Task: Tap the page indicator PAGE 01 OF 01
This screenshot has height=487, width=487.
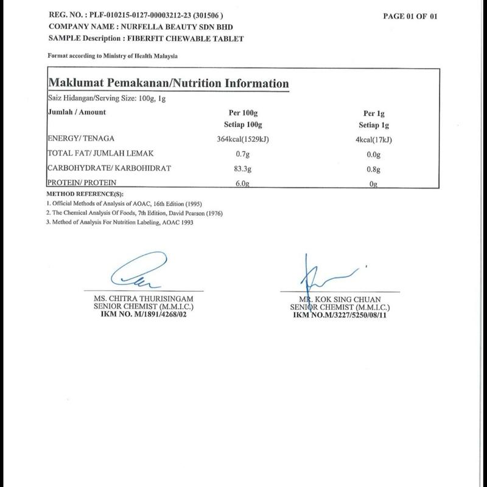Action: tap(410, 16)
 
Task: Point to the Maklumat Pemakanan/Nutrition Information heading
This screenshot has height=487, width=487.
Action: tap(168, 83)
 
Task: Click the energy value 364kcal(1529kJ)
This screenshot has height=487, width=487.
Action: tap(239, 139)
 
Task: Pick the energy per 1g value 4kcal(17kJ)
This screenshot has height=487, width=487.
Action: tap(373, 139)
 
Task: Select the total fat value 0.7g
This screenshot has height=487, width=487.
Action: tap(239, 155)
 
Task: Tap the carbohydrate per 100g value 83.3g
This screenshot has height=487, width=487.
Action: tap(239, 169)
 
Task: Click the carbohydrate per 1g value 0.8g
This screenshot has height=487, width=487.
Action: tap(373, 169)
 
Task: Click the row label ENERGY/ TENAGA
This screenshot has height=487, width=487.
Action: tap(82, 139)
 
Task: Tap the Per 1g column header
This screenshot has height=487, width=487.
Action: tap(374, 113)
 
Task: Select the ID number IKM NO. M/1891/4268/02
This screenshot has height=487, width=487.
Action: tap(144, 314)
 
